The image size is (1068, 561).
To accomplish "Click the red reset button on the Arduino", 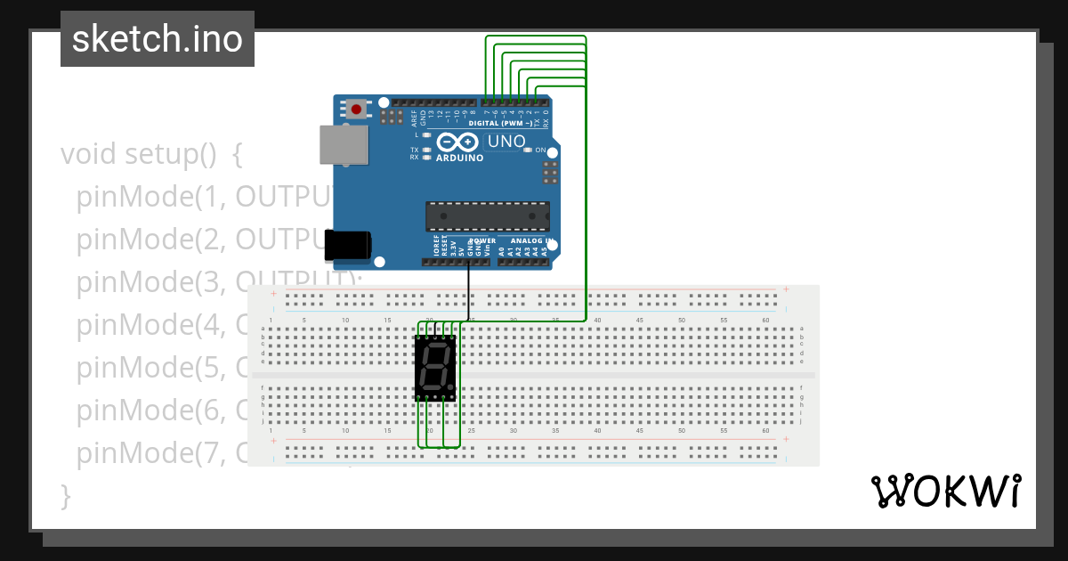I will click(x=357, y=110).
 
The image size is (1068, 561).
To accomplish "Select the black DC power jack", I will click(x=347, y=245).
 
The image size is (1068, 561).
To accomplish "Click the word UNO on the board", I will click(x=506, y=142).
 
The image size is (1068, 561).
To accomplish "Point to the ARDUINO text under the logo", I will click(x=459, y=158).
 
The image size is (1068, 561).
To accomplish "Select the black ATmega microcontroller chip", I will click(x=487, y=216).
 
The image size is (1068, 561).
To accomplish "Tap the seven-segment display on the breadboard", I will click(x=435, y=368).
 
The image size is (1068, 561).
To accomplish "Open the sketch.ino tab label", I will click(x=158, y=39).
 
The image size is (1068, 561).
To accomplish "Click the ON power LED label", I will click(x=540, y=150).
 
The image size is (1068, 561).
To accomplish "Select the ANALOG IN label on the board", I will click(x=531, y=241).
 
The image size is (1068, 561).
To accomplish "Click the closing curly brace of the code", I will click(x=65, y=496).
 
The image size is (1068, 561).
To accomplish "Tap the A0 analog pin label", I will click(x=502, y=252).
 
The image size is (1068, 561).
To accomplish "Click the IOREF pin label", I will click(x=435, y=250).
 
